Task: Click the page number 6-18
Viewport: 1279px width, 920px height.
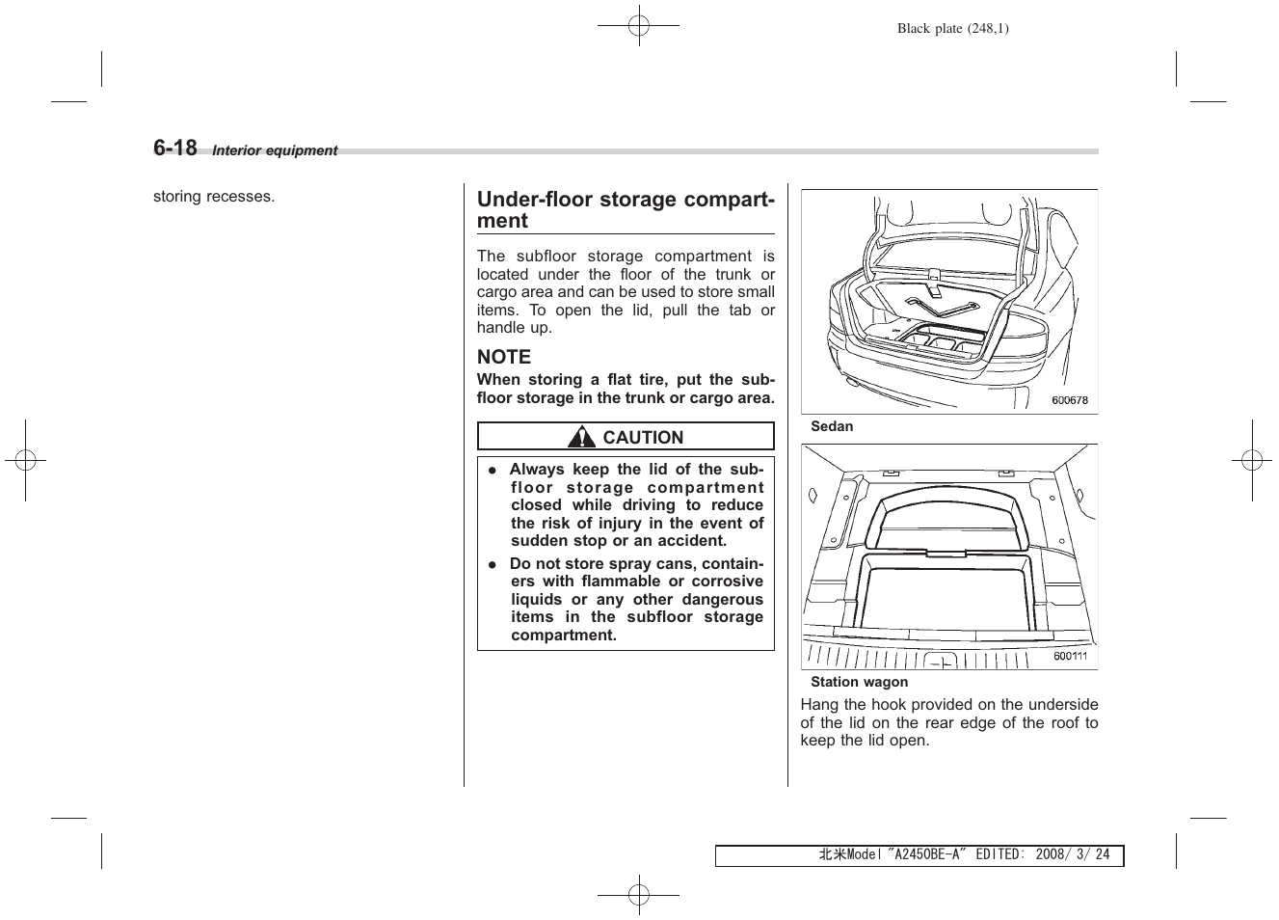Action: click(x=174, y=148)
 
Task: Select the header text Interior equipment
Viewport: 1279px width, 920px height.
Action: click(x=275, y=150)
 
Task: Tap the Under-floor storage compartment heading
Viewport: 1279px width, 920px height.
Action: click(x=626, y=209)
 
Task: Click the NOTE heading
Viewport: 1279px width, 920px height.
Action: click(x=503, y=357)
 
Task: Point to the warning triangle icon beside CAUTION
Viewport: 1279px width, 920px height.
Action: click(x=581, y=438)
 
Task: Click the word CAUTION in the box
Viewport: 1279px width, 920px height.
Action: click(x=643, y=438)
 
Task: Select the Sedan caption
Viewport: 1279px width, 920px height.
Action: click(x=831, y=426)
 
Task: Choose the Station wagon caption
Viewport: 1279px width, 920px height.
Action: click(x=859, y=682)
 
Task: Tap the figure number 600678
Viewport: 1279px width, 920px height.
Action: click(x=1069, y=400)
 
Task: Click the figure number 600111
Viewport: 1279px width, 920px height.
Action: click(x=1070, y=656)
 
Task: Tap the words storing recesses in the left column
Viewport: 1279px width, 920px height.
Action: click(x=214, y=197)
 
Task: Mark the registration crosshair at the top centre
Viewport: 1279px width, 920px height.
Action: click(x=638, y=26)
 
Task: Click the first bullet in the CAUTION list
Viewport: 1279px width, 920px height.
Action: click(x=491, y=471)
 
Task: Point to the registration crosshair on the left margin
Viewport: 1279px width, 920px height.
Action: click(x=25, y=461)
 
